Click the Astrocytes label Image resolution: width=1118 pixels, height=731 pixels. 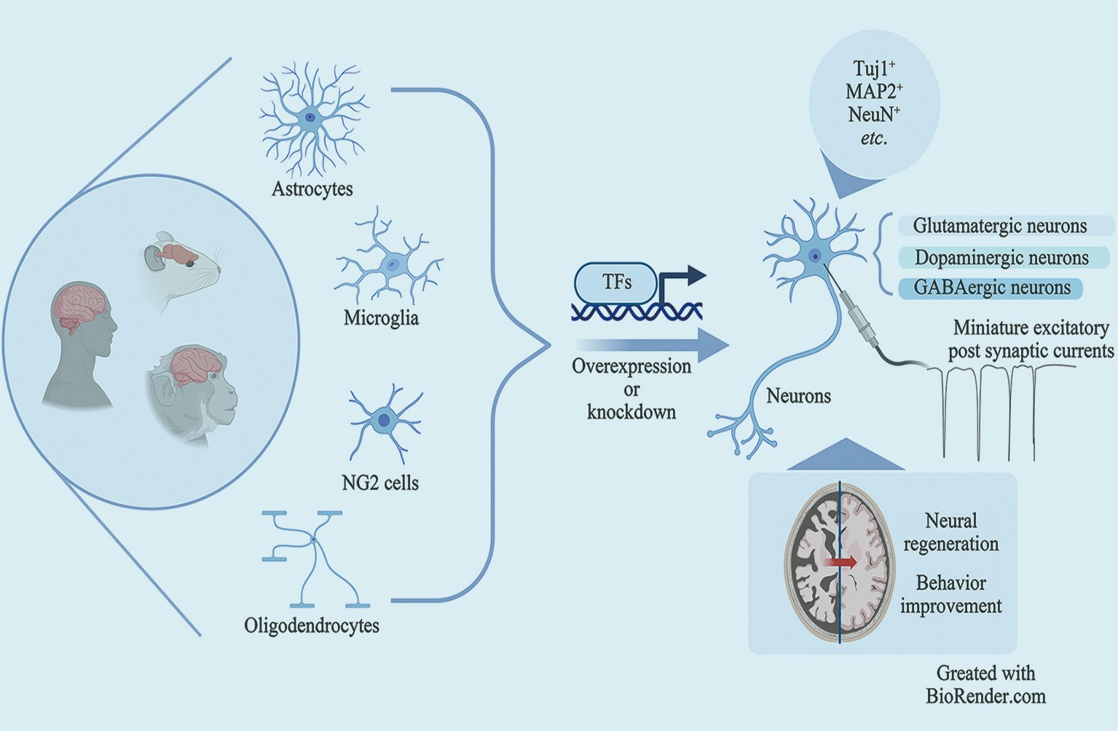312,189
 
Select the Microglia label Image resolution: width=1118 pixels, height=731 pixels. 381,318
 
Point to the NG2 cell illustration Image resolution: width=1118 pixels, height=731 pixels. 384,420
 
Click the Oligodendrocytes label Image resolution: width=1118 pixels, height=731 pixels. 312,625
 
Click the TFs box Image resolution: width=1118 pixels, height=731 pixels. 616,282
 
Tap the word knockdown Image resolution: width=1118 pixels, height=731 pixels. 631,412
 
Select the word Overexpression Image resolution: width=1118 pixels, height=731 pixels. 631,365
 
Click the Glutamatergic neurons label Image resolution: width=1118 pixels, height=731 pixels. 1000,226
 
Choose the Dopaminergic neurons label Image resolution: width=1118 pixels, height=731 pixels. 1001,258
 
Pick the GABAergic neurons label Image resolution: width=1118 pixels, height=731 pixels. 992,288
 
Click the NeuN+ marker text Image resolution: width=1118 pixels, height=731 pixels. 874,114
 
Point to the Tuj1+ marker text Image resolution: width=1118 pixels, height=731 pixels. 874,69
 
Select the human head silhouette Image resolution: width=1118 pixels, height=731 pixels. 80,342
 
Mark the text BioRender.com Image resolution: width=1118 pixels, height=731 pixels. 985,696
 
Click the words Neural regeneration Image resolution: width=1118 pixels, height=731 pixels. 950,532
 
